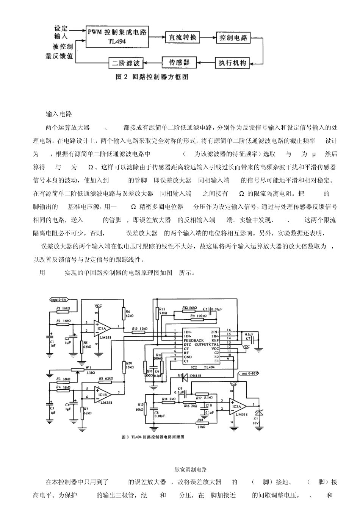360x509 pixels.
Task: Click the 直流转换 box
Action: coord(183,37)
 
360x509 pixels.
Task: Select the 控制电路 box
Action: coord(233,37)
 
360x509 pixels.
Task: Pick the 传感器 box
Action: coord(178,62)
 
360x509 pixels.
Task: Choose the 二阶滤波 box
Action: coord(126,62)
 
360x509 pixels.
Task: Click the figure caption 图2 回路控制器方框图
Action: coord(152,77)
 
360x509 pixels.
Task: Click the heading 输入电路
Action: coord(59,114)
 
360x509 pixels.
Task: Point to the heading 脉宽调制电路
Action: coord(191,470)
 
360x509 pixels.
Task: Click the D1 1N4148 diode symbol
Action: coord(185,377)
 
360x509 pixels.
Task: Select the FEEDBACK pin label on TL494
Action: coord(194,340)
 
